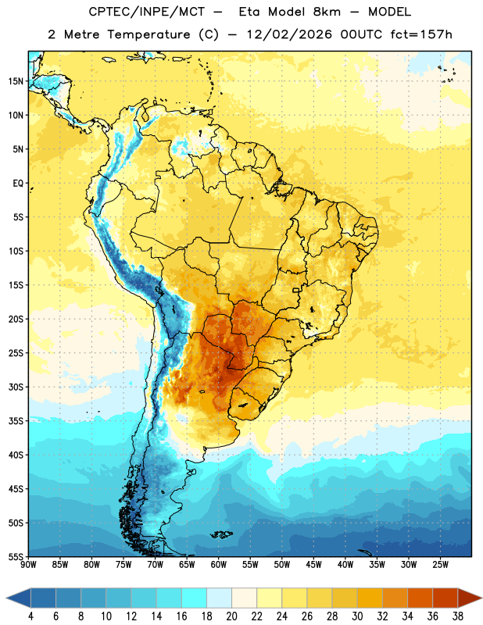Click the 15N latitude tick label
click(16, 81)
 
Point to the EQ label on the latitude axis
click(18, 184)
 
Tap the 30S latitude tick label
click(16, 387)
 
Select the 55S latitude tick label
click(16, 557)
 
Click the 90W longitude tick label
click(29, 565)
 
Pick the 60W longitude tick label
click(219, 565)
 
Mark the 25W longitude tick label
click(440, 565)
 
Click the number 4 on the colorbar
click(30, 616)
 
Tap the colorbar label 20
click(231, 616)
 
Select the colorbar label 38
click(458, 616)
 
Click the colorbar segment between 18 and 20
click(219, 599)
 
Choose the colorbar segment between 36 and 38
click(445, 599)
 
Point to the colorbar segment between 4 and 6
click(43, 599)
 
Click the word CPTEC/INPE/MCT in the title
click(146, 12)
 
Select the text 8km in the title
click(327, 12)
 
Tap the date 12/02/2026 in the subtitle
click(288, 34)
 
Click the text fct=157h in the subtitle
click(421, 34)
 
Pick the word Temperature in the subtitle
click(148, 34)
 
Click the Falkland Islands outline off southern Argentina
click(222, 534)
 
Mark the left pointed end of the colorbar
click(6, 599)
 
